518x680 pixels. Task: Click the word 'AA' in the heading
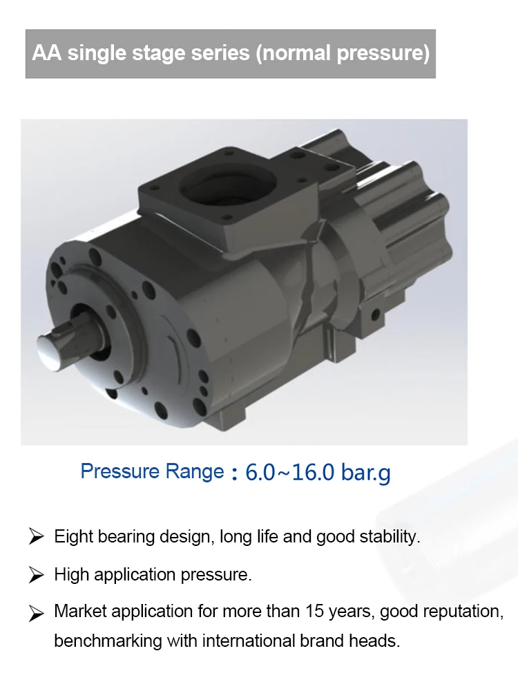pyautogui.click(x=47, y=53)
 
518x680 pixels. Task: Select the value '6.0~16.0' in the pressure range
pyautogui.click(x=289, y=472)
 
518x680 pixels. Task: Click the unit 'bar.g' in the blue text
pyautogui.click(x=365, y=473)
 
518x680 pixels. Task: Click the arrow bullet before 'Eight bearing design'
pyautogui.click(x=36, y=536)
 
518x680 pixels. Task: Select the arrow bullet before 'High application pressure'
pyautogui.click(x=36, y=575)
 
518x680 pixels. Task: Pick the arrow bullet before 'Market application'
pyautogui.click(x=36, y=613)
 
